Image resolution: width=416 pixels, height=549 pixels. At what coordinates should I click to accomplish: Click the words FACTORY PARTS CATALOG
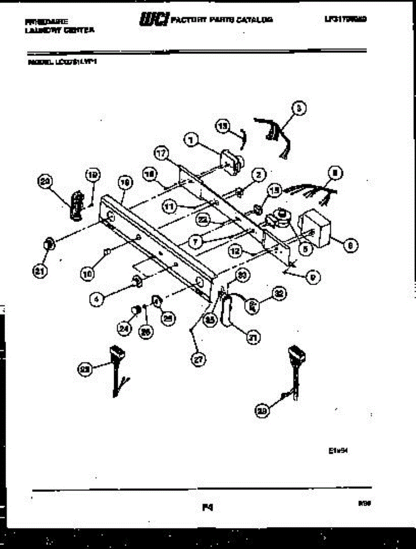click(222, 20)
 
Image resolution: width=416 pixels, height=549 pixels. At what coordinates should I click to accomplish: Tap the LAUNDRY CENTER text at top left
click(60, 30)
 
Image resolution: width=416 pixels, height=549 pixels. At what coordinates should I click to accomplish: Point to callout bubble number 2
click(259, 175)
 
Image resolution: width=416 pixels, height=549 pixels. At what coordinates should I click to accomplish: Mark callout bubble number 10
click(87, 274)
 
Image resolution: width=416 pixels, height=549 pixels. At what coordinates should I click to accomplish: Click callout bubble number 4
click(97, 300)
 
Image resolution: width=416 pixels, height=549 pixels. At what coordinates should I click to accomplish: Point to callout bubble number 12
click(235, 251)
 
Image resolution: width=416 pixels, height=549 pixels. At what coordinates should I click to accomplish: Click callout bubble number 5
click(304, 248)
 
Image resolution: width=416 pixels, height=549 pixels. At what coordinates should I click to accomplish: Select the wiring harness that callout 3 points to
click(275, 133)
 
